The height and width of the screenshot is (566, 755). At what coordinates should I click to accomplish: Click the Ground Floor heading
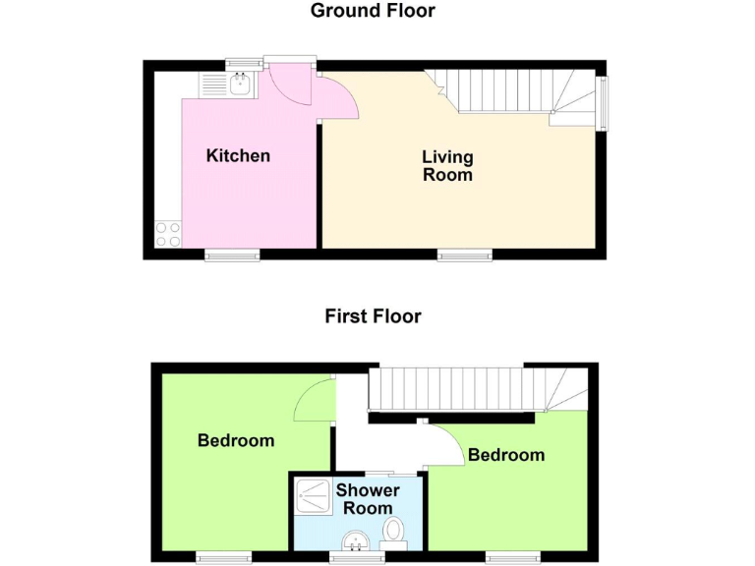pos(373,12)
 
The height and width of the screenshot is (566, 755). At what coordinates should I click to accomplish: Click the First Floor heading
pos(373,316)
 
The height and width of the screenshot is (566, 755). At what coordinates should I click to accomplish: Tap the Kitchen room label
pos(238,155)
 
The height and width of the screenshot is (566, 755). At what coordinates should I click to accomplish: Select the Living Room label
pos(447,166)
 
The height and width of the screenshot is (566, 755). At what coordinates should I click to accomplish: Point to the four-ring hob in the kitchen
pos(167,234)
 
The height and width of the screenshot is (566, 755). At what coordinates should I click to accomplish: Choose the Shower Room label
pos(368,498)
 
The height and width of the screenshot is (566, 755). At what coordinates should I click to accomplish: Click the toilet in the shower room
pos(394,532)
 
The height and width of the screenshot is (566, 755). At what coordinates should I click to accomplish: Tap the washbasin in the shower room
pos(356,539)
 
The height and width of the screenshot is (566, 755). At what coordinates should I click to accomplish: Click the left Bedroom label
pos(236,440)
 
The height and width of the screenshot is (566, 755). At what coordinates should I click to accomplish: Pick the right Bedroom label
pos(505,455)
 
